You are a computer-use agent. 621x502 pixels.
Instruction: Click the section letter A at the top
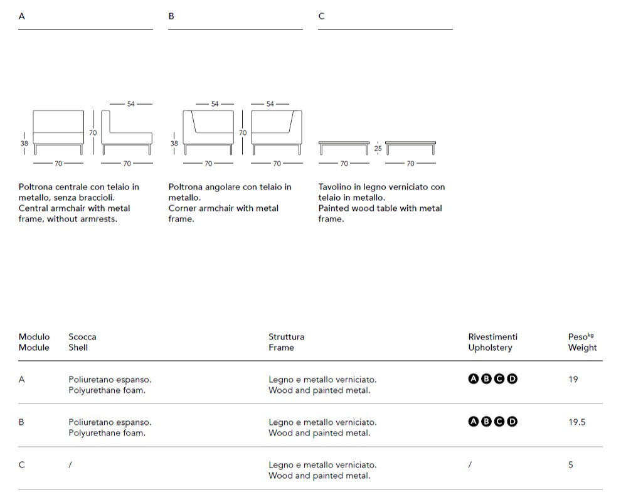click(x=22, y=16)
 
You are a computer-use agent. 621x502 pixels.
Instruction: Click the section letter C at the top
click(x=322, y=16)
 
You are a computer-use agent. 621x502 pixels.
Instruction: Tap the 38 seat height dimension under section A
click(x=24, y=143)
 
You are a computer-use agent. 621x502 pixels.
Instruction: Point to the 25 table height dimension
click(x=378, y=149)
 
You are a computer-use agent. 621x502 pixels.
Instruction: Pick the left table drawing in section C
click(x=344, y=147)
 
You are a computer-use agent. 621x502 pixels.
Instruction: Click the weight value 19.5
click(x=577, y=422)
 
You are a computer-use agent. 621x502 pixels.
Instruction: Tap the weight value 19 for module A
click(x=573, y=379)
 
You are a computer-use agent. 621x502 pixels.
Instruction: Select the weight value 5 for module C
click(x=571, y=465)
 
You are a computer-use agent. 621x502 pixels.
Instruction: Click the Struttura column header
click(x=287, y=337)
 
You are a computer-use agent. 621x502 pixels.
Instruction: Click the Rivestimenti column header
click(x=493, y=337)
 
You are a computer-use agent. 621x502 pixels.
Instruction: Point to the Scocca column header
click(x=82, y=337)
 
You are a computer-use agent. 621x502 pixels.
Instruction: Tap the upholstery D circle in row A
click(x=512, y=378)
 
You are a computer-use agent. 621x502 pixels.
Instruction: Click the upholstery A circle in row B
click(x=474, y=421)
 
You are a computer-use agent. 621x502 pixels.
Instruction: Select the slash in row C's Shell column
click(x=71, y=465)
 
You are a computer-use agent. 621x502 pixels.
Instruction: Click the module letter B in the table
click(x=22, y=422)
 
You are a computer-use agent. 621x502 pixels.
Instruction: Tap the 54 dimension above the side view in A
click(x=130, y=104)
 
